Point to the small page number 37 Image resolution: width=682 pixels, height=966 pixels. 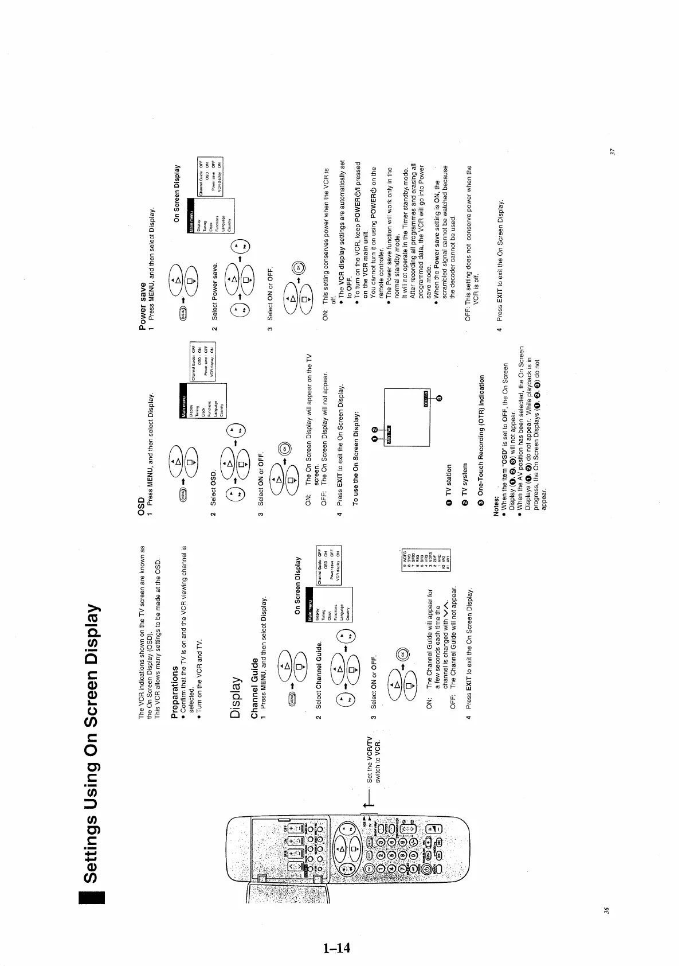(613, 151)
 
